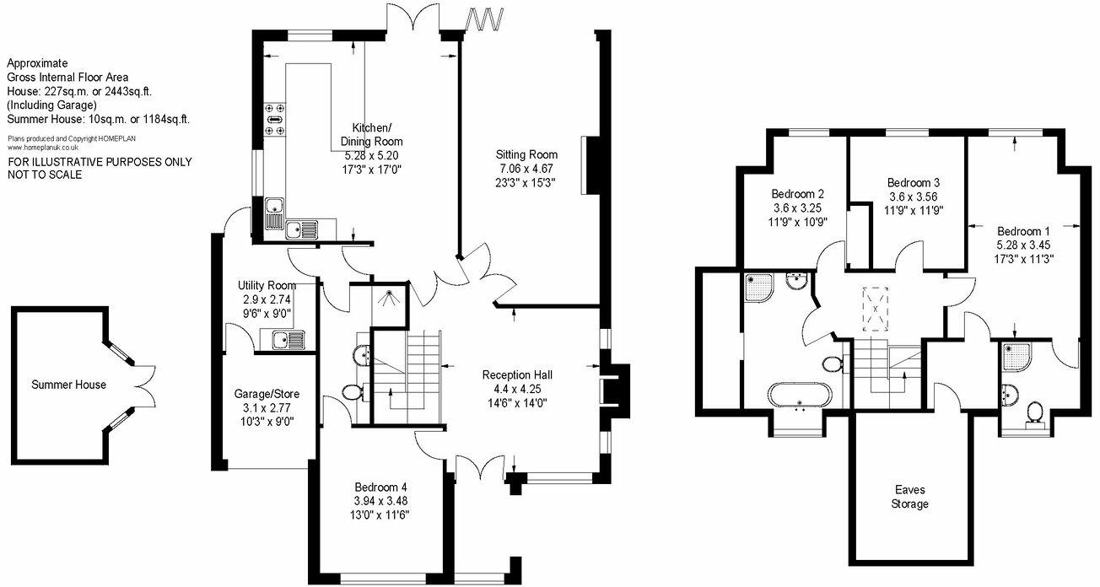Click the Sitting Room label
[x=528, y=154]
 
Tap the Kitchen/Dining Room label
[x=371, y=135]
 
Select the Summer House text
[x=69, y=385]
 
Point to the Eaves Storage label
[x=912, y=497]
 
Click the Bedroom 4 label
[x=381, y=487]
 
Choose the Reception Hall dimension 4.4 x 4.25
[x=517, y=389]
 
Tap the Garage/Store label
[x=267, y=394]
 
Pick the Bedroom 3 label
[x=914, y=183]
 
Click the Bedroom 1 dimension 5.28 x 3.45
[x=1024, y=245]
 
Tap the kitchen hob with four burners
[x=276, y=119]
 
